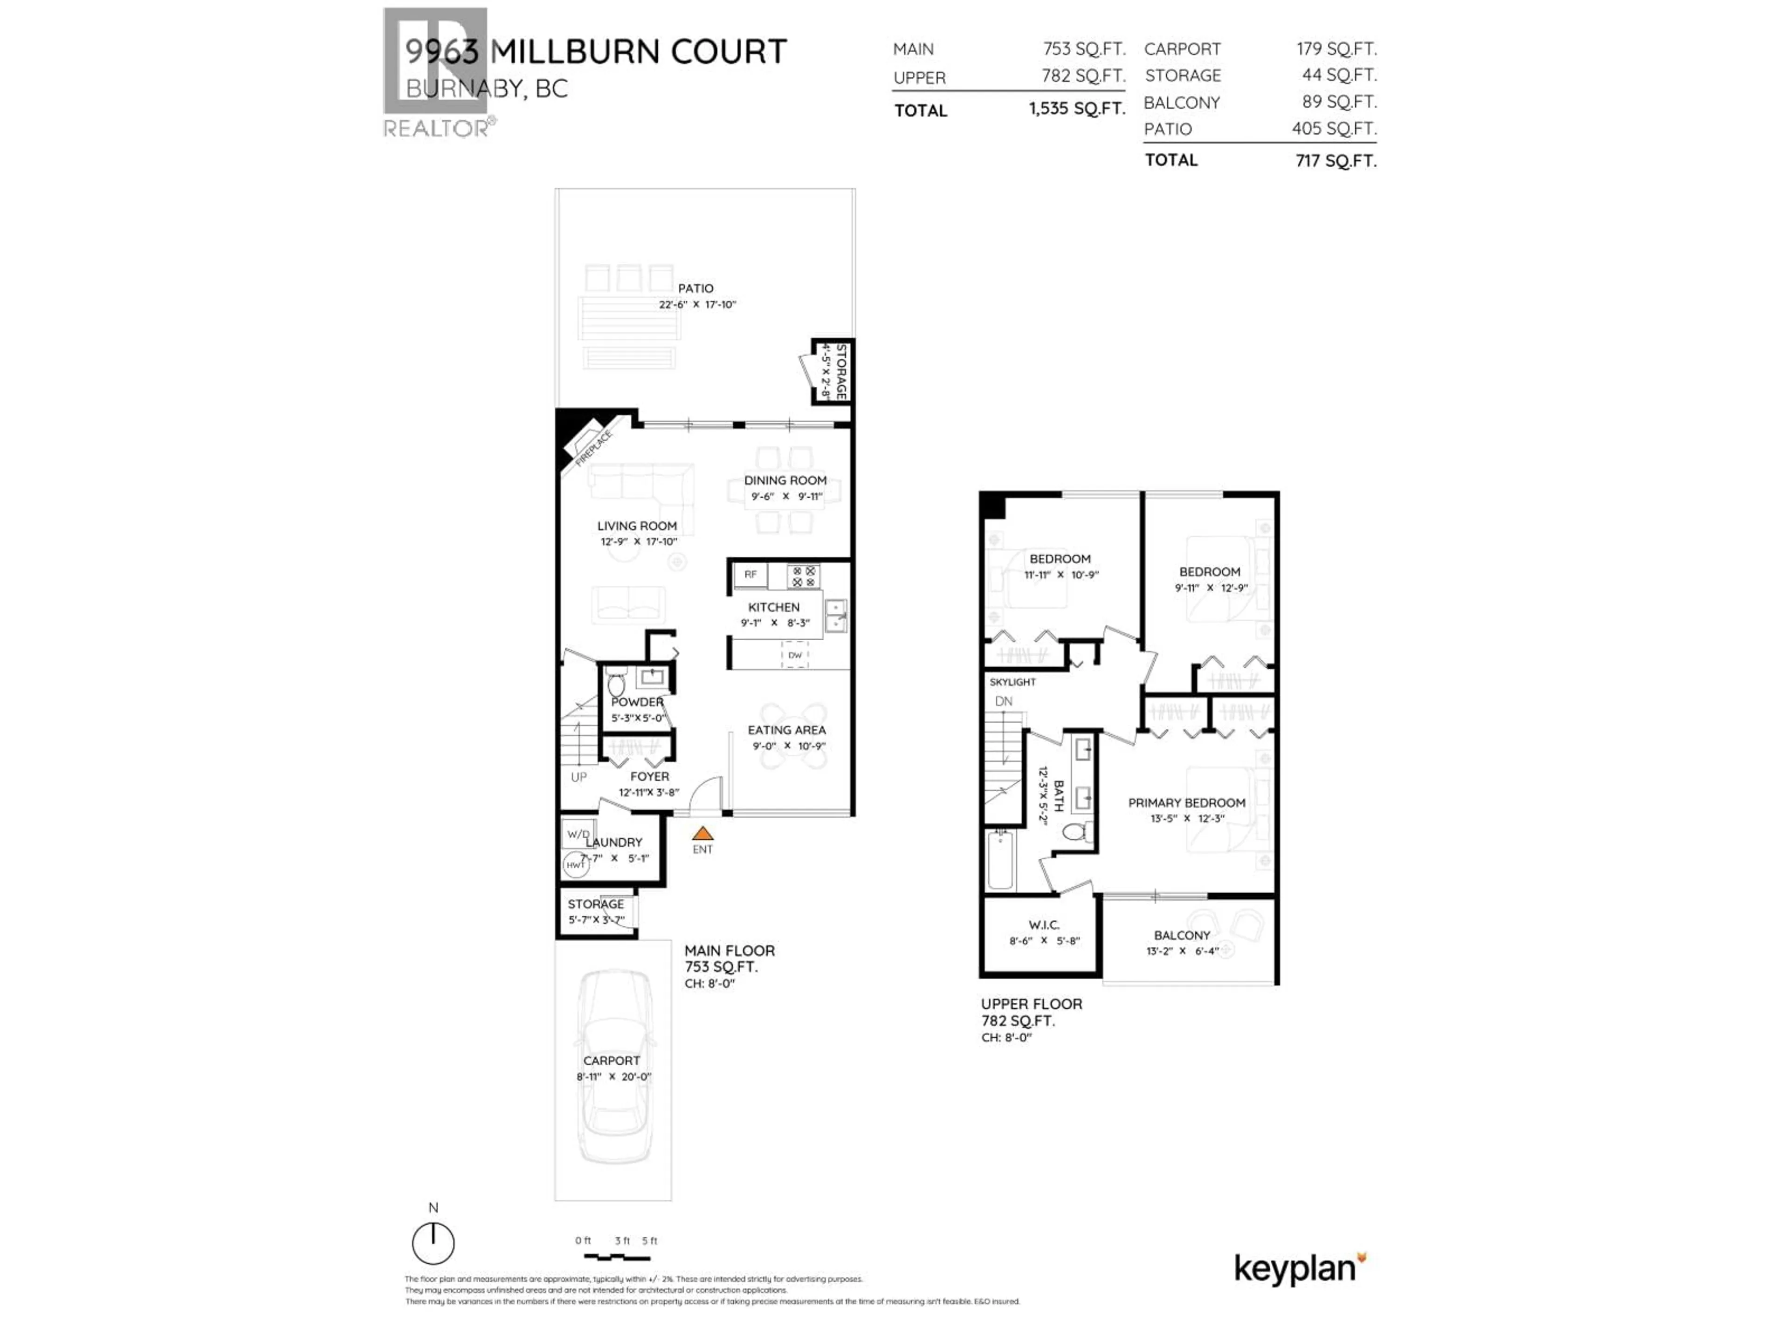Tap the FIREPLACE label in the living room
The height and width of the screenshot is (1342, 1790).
click(x=594, y=449)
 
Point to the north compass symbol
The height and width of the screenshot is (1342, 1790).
click(x=433, y=1242)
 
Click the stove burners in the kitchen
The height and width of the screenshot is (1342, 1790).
click(x=804, y=576)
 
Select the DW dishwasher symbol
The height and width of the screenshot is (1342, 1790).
click(x=795, y=655)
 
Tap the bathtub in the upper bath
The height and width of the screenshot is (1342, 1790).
click(x=1000, y=860)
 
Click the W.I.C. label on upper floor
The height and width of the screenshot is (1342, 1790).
click(x=1044, y=924)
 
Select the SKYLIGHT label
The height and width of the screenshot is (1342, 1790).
click(x=1012, y=682)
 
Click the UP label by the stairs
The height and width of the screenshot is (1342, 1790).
click(x=578, y=777)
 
